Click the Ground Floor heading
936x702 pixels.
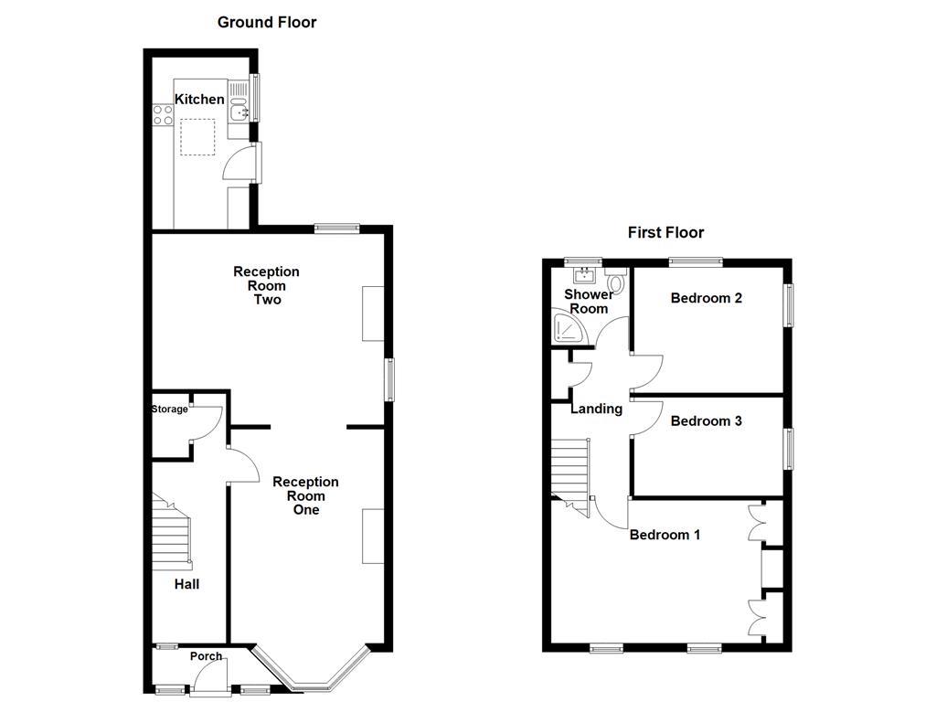coord(266,22)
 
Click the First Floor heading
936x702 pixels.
coord(665,233)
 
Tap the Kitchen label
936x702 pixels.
coord(199,99)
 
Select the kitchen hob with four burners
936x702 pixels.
coord(163,115)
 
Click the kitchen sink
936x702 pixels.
coord(239,112)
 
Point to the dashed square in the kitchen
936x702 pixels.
coord(197,137)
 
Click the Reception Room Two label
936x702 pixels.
coord(266,285)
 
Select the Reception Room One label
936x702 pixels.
coord(305,495)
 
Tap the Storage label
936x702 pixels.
coord(169,409)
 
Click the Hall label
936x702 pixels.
coord(186,584)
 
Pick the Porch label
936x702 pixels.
coord(206,656)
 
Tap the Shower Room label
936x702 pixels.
coord(588,302)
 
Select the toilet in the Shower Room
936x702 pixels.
coord(614,282)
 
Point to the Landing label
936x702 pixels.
coord(596,409)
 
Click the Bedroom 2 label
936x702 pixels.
coord(706,298)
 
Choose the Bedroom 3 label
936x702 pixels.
coord(706,421)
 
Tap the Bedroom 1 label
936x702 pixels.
coord(665,535)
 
